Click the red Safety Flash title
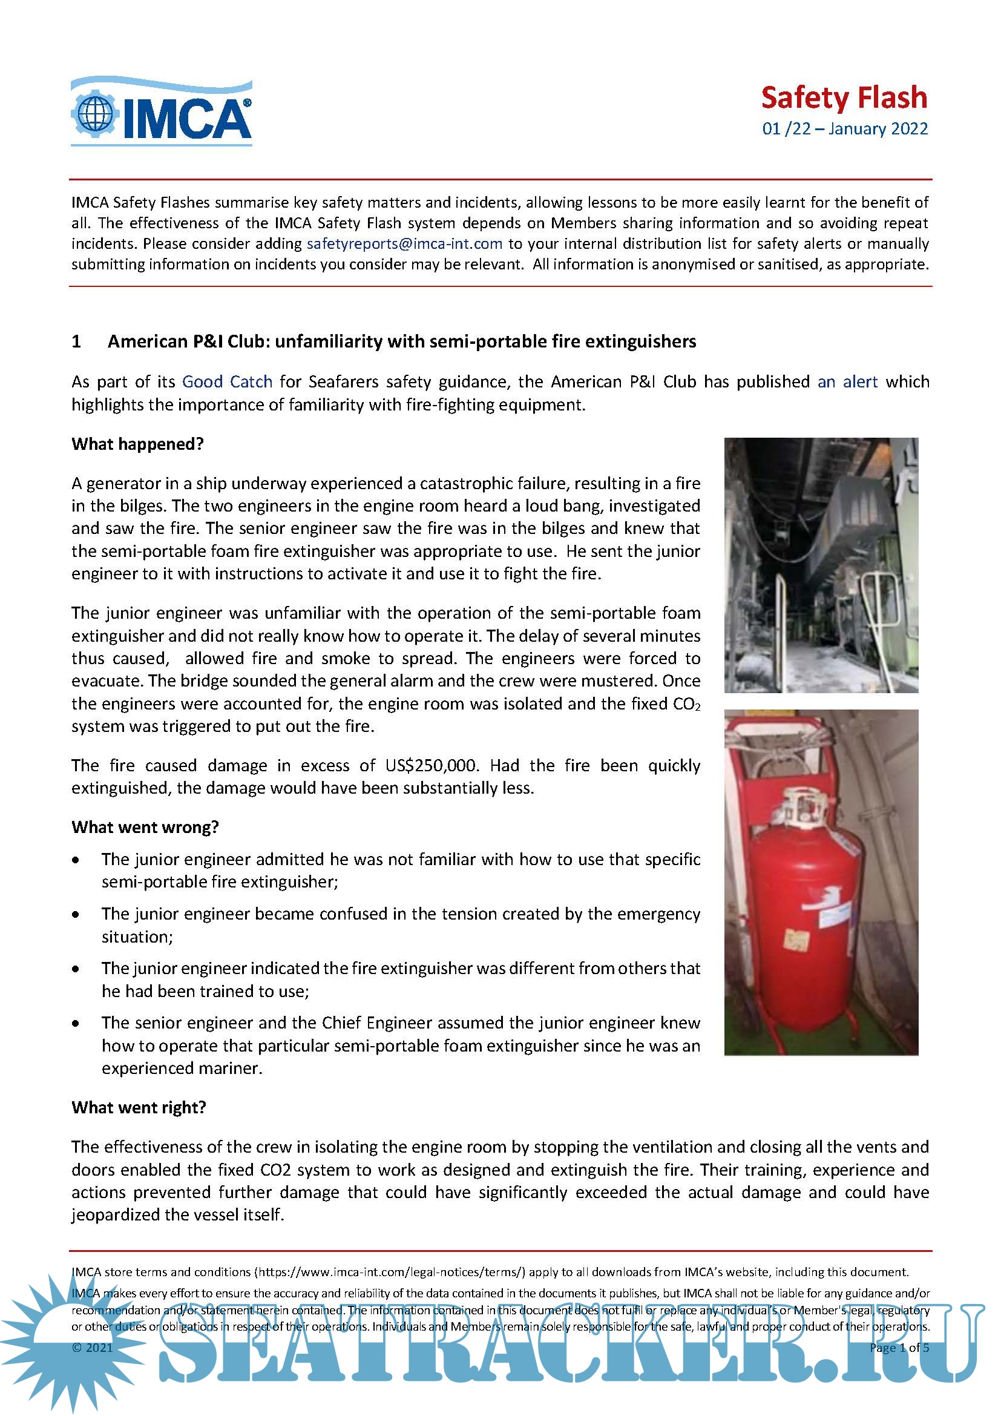844,98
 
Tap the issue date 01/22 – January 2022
844,129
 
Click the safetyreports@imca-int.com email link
404,243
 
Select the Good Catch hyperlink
227,382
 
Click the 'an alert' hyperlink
847,382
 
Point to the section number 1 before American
76,341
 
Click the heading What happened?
137,444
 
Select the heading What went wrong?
145,827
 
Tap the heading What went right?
139,1107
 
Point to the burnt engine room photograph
821,565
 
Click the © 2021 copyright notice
93,1348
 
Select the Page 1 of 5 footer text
899,1348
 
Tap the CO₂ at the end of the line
687,704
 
